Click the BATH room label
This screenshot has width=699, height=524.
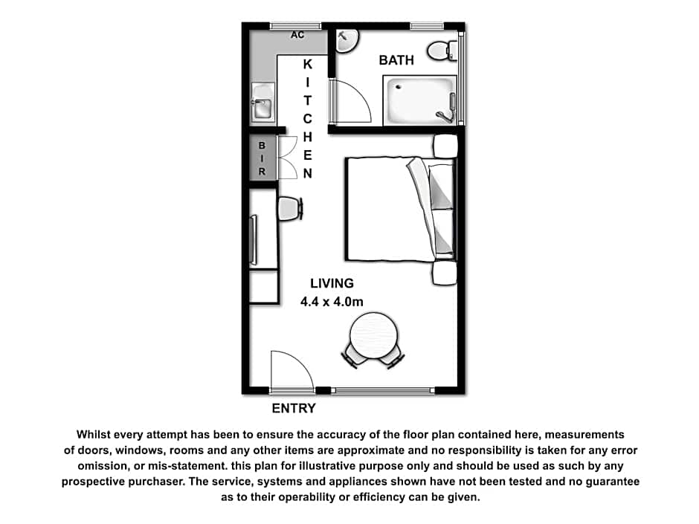coord(396,60)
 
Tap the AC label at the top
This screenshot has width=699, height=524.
coord(297,35)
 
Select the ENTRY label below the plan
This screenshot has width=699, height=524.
coord(294,408)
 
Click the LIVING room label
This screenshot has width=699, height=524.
coord(332,283)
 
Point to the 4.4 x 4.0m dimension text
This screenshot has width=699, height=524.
coord(332,302)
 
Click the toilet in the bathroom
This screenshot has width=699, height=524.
coord(442,51)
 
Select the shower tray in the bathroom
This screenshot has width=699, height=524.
coord(420,100)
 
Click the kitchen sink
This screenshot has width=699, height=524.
coord(262,102)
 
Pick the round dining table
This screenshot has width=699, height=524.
coord(373,335)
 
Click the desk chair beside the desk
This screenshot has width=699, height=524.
coord(290,209)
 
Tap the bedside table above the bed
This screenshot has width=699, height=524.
coord(445,146)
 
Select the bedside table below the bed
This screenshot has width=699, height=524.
coord(445,273)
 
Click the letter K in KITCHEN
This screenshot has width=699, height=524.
coord(308,65)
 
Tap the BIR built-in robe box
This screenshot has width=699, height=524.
coord(262,158)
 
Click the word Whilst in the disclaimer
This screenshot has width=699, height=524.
coord(93,435)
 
